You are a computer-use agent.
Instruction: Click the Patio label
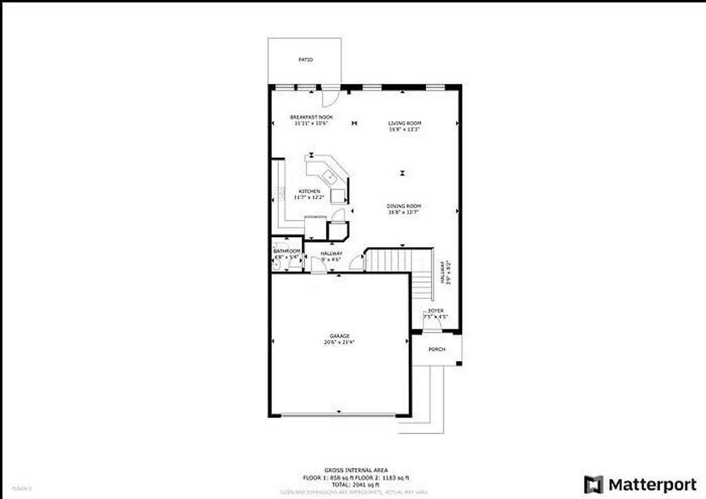(x=305, y=61)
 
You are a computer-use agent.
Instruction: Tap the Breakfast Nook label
(x=311, y=118)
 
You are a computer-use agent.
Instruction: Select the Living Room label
(x=404, y=123)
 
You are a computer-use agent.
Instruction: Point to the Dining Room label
(x=404, y=206)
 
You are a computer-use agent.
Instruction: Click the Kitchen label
(x=309, y=191)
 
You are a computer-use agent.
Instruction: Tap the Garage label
(x=339, y=336)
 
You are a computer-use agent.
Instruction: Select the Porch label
(x=437, y=349)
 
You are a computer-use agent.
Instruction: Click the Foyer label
(x=435, y=312)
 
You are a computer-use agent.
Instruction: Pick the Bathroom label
(x=287, y=251)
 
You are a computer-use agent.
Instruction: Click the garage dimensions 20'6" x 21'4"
(x=339, y=343)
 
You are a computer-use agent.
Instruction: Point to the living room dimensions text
(x=404, y=129)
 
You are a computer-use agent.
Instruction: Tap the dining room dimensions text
(x=404, y=212)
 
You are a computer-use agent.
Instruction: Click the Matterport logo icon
(x=594, y=484)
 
